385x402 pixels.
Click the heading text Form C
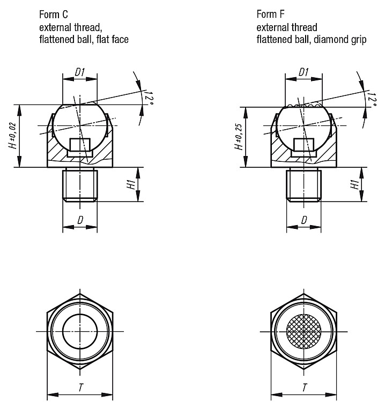(53, 14)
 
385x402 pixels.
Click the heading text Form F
(270, 14)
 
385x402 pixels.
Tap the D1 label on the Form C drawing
(80, 72)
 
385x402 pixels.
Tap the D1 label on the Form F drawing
(303, 72)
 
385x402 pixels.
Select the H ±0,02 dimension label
(12, 136)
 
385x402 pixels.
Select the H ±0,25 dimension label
(238, 137)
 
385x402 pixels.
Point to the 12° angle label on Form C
(149, 99)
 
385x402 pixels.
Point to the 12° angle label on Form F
(372, 100)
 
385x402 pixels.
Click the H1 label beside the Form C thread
(131, 184)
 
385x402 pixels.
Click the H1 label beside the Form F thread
(355, 184)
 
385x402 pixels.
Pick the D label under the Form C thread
(80, 220)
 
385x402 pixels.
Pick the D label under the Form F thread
(304, 220)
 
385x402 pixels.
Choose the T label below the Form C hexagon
(81, 388)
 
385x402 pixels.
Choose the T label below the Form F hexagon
(305, 388)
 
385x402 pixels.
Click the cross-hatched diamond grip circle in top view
(303, 331)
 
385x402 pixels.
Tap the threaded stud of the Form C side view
(80, 184)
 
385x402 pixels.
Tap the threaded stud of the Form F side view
(303, 184)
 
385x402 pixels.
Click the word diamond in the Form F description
(330, 40)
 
